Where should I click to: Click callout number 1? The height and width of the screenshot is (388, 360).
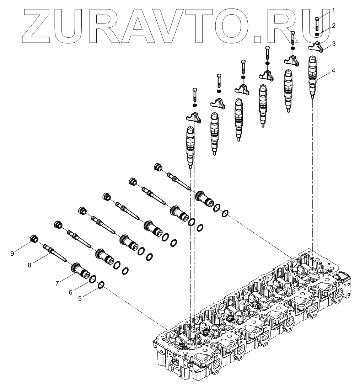(333, 11)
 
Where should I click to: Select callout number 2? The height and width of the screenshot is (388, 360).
(333, 26)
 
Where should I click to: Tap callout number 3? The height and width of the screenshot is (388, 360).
(333, 44)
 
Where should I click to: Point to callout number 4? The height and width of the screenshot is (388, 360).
(333, 70)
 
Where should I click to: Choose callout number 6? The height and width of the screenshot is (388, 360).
(71, 292)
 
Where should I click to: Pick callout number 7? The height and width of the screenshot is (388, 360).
(57, 283)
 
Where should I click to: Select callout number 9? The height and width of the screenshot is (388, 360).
(12, 253)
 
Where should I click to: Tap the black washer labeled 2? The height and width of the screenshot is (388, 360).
(317, 35)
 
